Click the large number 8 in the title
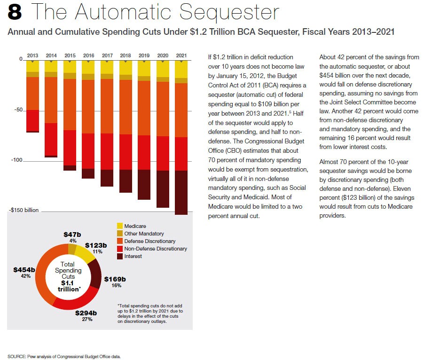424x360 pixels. [x=15, y=13]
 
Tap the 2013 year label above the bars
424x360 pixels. [x=32, y=55]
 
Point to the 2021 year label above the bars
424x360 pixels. [x=181, y=55]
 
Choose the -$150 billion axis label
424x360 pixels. [x=24, y=211]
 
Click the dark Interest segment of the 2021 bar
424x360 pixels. [x=181, y=192]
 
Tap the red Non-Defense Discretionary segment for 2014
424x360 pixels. [x=51, y=139]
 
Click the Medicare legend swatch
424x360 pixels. [x=120, y=227]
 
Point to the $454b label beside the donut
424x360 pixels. [x=24, y=270]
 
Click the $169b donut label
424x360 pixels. [x=115, y=279]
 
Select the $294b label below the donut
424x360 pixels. [x=87, y=313]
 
